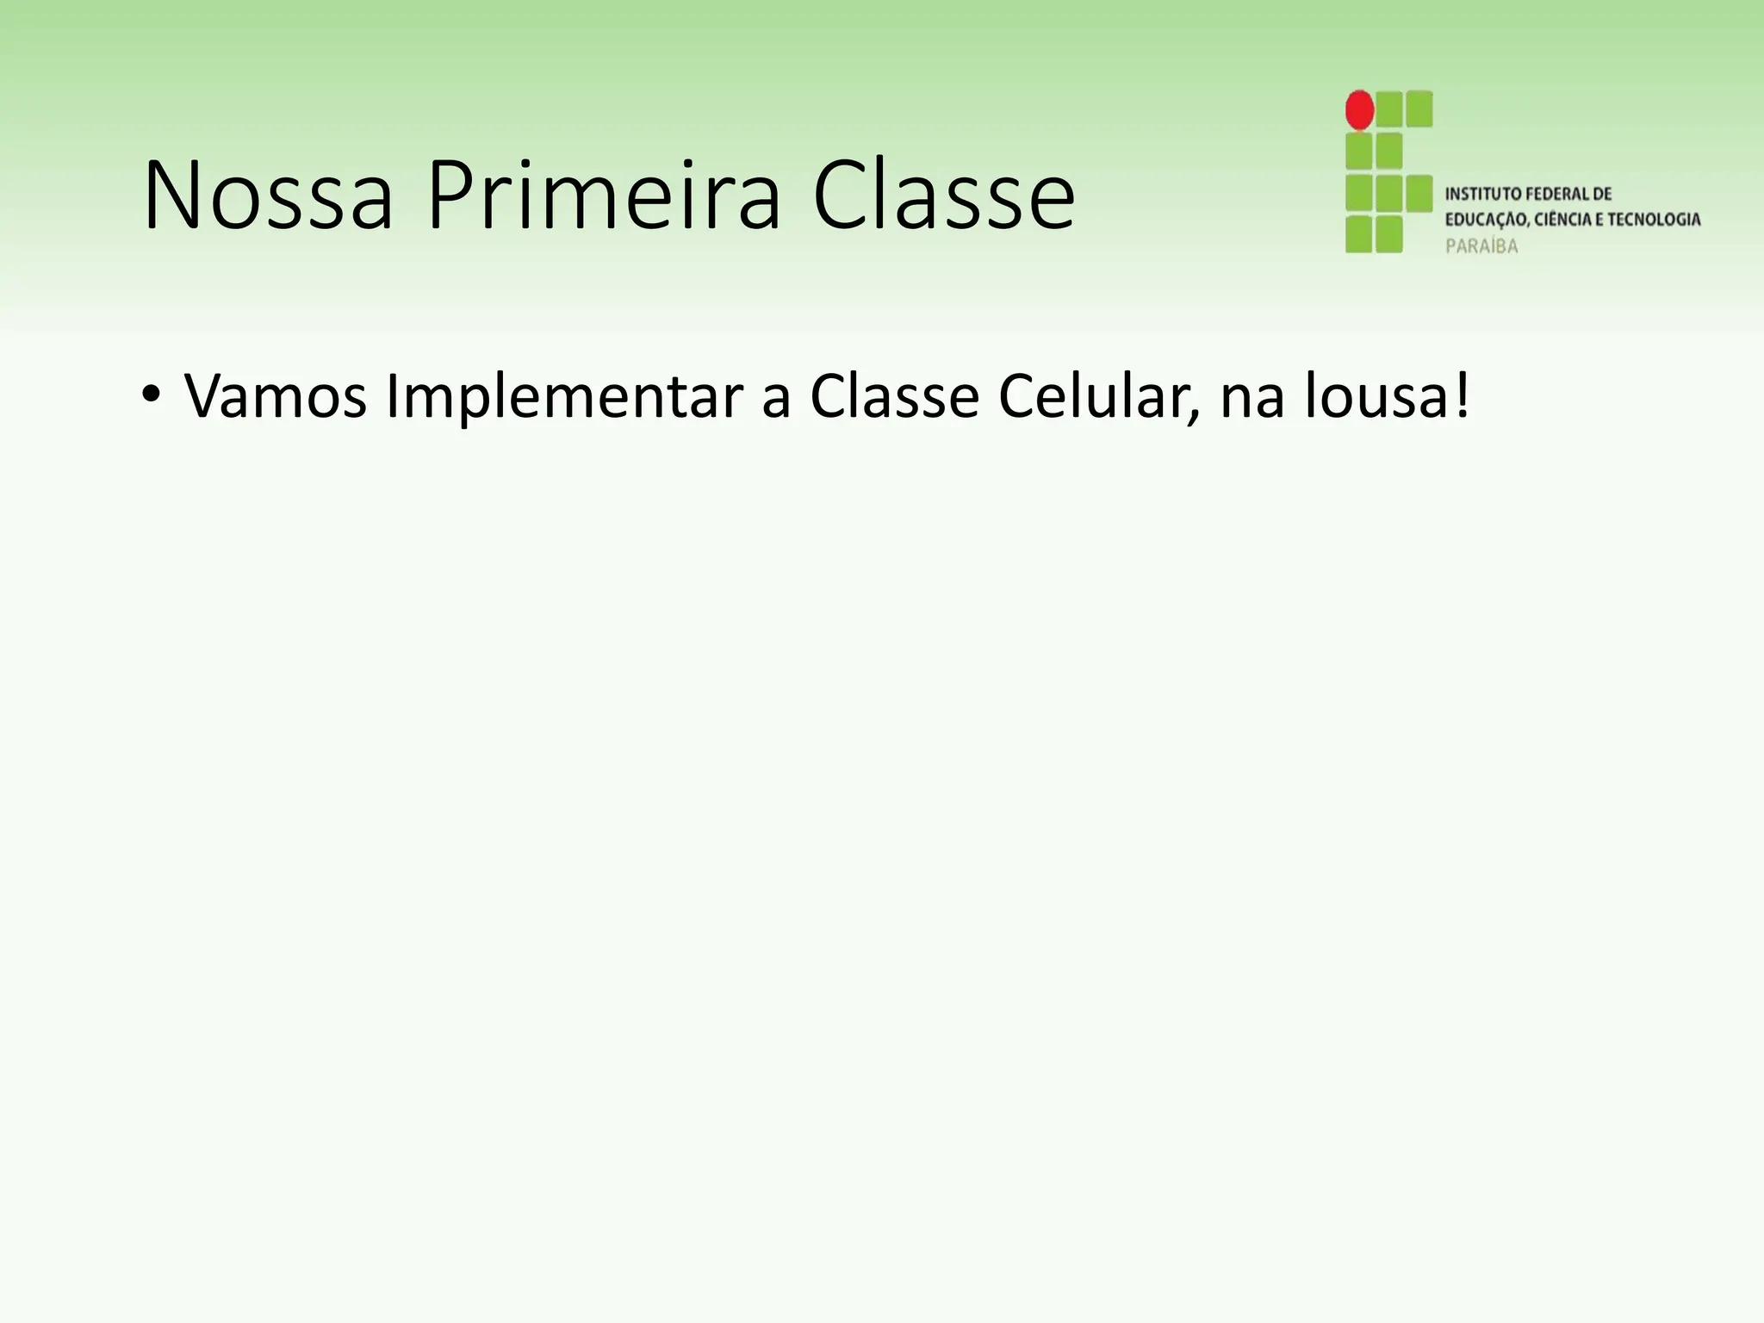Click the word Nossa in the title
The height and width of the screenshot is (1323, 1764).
point(268,196)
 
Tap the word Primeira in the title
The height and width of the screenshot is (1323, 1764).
point(603,196)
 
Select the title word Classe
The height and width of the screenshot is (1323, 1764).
point(943,196)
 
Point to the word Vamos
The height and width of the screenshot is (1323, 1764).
point(276,397)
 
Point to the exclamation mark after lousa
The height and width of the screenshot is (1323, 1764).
point(1462,397)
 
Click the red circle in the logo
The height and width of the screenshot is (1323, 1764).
point(1359,109)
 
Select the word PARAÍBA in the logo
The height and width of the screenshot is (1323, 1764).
point(1481,246)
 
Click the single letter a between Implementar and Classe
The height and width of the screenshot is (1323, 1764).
point(776,401)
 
